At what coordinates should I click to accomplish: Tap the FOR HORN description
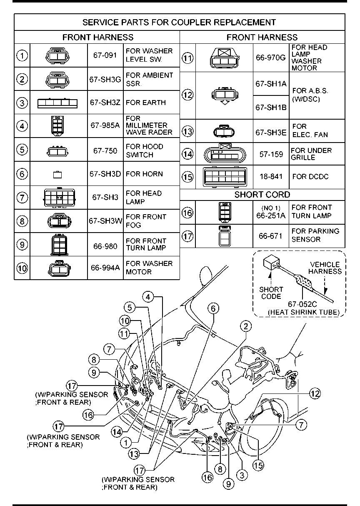point(144,174)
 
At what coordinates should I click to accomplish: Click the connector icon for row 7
point(59,198)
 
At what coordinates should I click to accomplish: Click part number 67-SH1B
point(271,108)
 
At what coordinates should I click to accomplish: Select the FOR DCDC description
point(310,177)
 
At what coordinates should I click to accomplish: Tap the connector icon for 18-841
point(225,177)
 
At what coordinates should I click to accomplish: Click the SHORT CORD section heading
point(262,195)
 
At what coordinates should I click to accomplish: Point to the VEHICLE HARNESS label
point(325,268)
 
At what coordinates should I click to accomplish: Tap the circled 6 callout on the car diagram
point(213,309)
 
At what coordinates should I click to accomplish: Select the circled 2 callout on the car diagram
point(246,326)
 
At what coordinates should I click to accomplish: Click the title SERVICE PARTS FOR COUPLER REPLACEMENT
point(179,22)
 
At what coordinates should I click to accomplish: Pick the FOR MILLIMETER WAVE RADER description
point(149,125)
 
